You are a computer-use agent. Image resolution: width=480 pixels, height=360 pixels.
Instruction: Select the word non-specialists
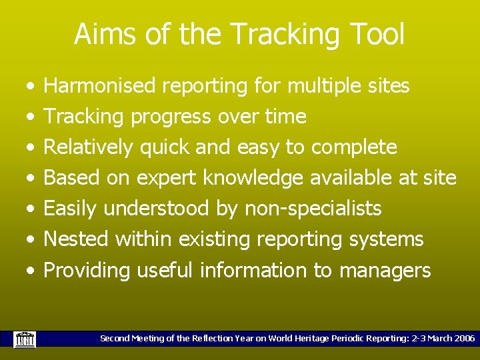click(x=313, y=209)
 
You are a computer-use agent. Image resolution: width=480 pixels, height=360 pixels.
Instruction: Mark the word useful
click(x=165, y=270)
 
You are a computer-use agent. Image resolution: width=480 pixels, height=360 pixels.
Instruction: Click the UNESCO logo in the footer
click(x=25, y=339)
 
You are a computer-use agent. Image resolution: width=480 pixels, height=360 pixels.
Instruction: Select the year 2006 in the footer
click(x=463, y=339)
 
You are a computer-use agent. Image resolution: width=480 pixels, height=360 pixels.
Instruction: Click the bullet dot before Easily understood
click(x=31, y=209)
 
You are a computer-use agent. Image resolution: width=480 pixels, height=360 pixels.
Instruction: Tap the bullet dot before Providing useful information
click(x=31, y=271)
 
